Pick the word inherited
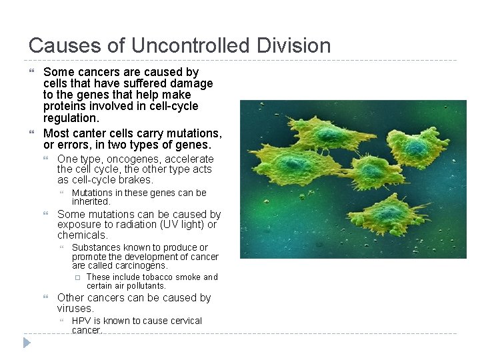[x=90, y=201]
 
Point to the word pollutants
[x=142, y=286]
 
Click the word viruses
[x=75, y=309]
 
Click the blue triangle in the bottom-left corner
[x=26, y=343]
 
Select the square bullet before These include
[x=77, y=277]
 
